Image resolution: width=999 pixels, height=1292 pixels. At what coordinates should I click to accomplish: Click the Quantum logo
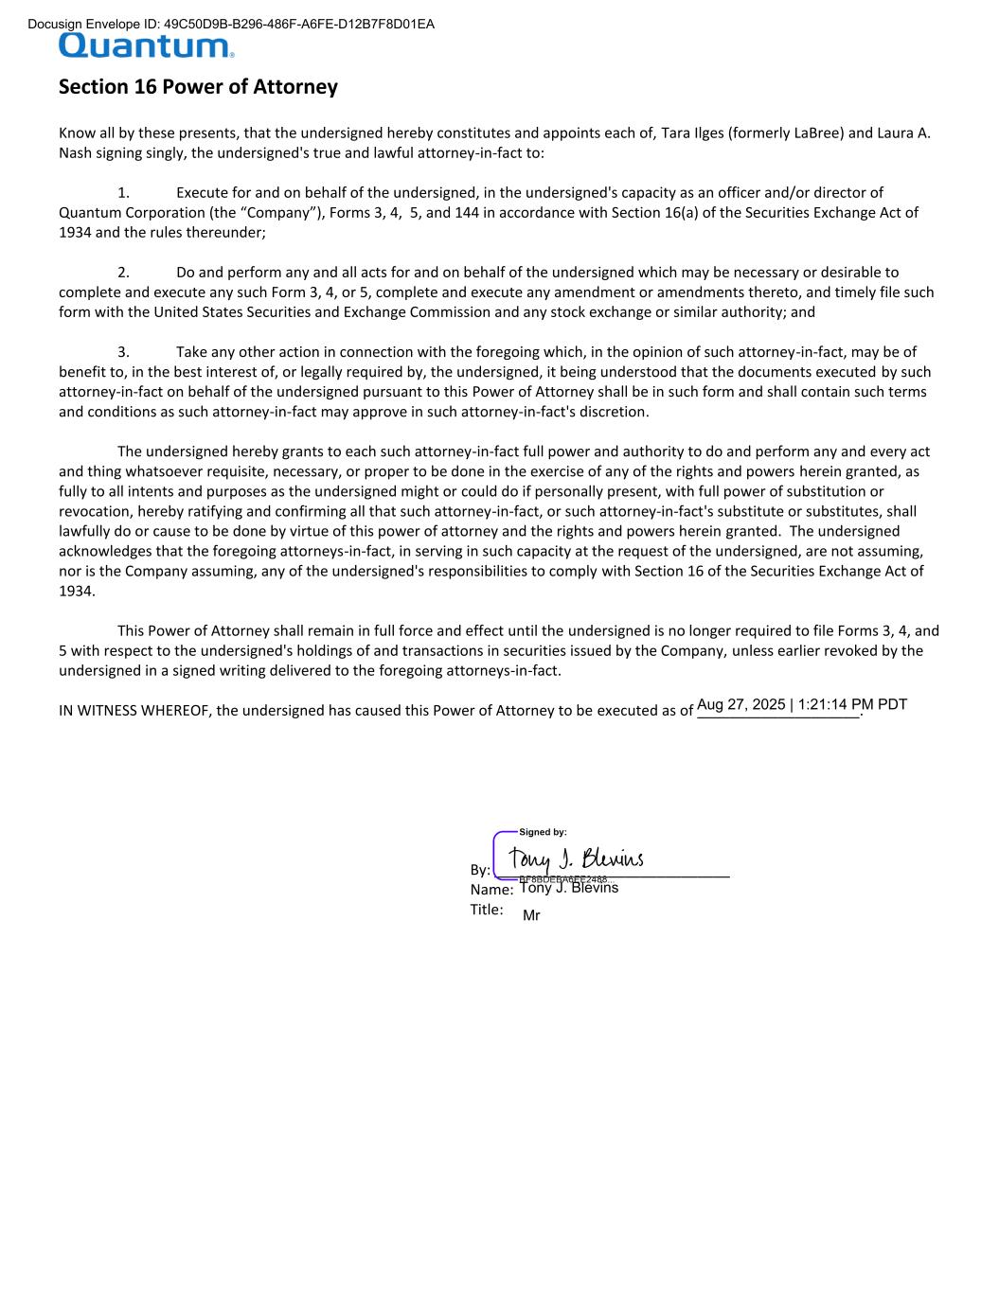(146, 46)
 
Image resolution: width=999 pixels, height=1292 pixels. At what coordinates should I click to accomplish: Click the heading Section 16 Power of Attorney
(198, 87)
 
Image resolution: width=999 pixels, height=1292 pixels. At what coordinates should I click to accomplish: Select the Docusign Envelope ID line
(231, 24)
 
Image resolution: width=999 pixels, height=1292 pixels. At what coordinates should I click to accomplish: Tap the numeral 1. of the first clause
(123, 193)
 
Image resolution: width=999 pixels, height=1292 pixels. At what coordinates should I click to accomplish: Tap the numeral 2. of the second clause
(123, 273)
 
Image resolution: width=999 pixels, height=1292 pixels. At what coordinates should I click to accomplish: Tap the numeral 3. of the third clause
(123, 352)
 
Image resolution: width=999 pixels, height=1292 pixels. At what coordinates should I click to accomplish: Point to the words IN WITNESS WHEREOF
(134, 711)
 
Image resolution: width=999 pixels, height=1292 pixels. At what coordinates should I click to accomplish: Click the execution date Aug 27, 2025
(740, 704)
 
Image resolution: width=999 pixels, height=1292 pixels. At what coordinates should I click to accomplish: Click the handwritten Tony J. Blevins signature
(576, 858)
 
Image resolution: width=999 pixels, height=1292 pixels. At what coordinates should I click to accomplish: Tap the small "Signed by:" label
(543, 832)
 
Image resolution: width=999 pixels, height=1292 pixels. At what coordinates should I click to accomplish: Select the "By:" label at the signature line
(480, 870)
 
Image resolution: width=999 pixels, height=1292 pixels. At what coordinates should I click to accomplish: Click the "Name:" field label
(491, 890)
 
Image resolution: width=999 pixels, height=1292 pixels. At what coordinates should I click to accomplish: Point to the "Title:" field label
(487, 910)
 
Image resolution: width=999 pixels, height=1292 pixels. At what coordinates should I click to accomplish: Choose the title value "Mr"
(531, 916)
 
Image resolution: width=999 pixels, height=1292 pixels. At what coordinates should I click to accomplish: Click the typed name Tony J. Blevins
(569, 888)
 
